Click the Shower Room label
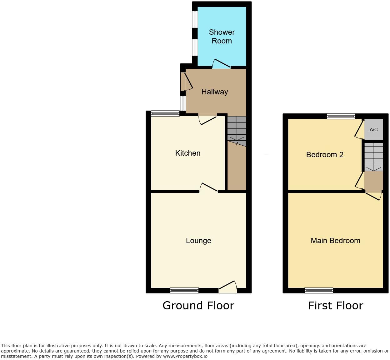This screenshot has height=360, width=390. click(222, 37)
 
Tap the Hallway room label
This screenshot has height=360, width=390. click(215, 92)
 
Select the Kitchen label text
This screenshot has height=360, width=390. click(187, 153)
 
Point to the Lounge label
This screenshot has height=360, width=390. click(198, 241)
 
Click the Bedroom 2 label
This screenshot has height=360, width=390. click(325, 155)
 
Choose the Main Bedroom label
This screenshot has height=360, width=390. click(335, 241)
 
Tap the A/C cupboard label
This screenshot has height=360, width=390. click(373, 130)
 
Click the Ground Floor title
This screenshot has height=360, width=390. click(198, 305)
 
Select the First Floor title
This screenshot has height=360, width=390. click(335, 305)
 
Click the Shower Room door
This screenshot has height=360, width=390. click(221, 64)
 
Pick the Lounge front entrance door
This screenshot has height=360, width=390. click(228, 287)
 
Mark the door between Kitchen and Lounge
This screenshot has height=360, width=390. click(208, 187)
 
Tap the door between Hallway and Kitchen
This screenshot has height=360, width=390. click(207, 119)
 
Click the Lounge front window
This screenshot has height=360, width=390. click(184, 290)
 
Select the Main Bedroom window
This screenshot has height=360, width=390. click(319, 290)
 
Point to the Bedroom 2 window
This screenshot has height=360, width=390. click(341, 116)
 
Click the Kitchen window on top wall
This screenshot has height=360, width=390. click(165, 113)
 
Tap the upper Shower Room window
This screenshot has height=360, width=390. click(195, 19)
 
